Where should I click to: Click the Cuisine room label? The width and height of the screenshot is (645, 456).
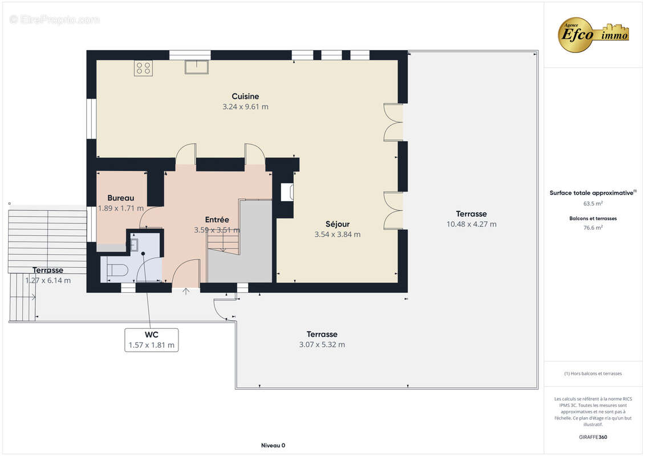tap(245, 96)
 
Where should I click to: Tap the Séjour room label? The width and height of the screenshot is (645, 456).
tap(337, 224)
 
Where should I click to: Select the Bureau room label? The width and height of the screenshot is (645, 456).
tap(120, 198)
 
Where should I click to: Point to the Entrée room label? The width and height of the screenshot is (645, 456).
tap(217, 219)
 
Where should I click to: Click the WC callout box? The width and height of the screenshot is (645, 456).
tap(151, 340)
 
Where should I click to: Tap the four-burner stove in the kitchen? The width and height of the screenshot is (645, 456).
tap(143, 68)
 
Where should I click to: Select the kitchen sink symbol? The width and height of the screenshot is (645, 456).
tap(197, 67)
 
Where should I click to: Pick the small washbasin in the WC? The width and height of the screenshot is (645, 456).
tap(134, 244)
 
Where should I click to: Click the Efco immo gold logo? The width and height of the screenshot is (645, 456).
tap(593, 35)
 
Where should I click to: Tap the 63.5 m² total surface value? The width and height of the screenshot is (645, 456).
tap(593, 203)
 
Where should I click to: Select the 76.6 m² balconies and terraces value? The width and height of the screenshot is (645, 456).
tap(593, 227)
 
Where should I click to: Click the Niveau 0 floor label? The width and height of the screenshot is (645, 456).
tap(273, 445)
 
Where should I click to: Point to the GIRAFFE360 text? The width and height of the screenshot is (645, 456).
tap(593, 437)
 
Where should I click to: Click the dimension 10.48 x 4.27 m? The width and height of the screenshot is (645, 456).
tap(472, 225)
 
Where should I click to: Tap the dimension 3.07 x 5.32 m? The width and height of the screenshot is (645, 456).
tap(322, 345)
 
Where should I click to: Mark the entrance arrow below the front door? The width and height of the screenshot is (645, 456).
tap(186, 291)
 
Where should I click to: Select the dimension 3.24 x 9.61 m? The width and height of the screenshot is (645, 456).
tap(245, 107)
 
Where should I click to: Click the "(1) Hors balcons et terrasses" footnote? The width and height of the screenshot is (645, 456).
tap(593, 374)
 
